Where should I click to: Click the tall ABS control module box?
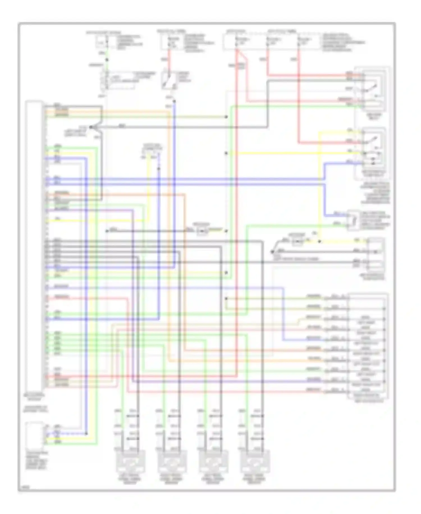[x=34, y=245]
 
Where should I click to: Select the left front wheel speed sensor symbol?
[x=131, y=461]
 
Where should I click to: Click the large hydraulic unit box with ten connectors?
[x=368, y=346]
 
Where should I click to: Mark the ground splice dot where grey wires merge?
[x=91, y=127]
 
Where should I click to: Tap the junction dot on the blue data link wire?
[x=159, y=169]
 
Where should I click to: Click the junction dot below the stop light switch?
[x=174, y=101]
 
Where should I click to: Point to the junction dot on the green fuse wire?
[x=107, y=60]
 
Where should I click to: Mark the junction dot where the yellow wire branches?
[x=320, y=241]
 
